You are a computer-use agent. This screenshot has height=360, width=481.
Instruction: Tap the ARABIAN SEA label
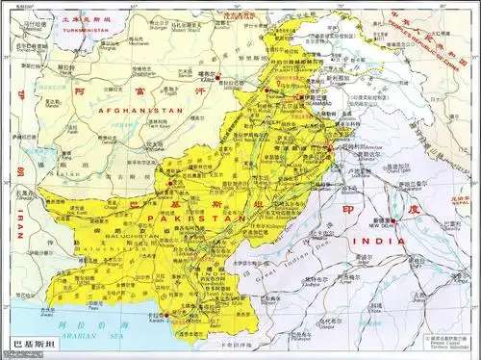tap(96, 334)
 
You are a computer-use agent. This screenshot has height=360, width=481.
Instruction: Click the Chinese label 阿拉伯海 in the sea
tap(87, 324)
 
